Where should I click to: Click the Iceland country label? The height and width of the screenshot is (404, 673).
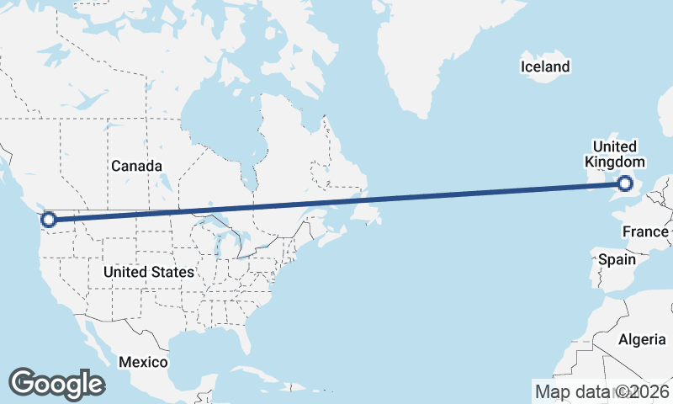pos(545,66)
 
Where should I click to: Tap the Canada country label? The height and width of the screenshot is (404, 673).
pos(136,166)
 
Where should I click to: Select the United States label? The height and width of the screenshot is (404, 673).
pos(149,272)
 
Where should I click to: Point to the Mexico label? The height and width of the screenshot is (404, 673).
pos(143,362)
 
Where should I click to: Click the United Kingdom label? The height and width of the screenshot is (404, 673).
pos(615,154)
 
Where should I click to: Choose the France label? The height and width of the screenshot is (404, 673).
pos(646,231)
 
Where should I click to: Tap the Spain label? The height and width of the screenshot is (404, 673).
pos(617,260)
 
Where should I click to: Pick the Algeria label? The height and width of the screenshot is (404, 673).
pos(642,339)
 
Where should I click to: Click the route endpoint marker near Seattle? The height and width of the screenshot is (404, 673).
pos(49,220)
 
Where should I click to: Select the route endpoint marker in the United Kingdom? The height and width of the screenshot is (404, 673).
pos(625,183)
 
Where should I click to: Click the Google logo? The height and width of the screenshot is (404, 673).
pos(56,383)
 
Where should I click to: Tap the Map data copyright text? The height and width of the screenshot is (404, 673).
pos(602,391)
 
